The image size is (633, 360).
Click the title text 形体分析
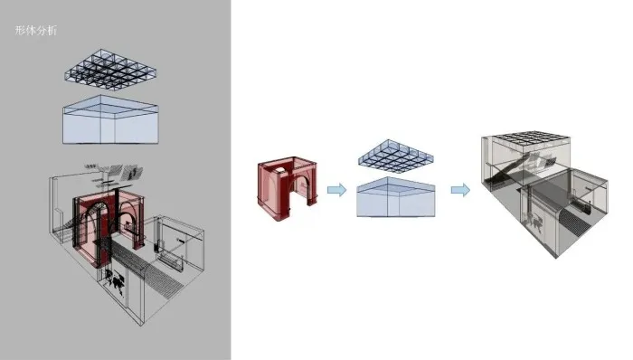coord(35,30)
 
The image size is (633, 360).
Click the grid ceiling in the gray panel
coord(110,70)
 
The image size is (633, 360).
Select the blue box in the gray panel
coord(110,119)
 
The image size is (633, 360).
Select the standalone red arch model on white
coord(287,188)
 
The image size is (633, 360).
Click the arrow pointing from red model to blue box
coord(336,190)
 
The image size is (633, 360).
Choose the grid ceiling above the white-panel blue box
coord(396,153)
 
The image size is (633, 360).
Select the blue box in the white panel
coord(396,197)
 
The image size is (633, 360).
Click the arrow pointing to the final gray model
coord(460,190)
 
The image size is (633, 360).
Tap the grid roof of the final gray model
coord(532,137)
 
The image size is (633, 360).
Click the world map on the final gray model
coord(536,223)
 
